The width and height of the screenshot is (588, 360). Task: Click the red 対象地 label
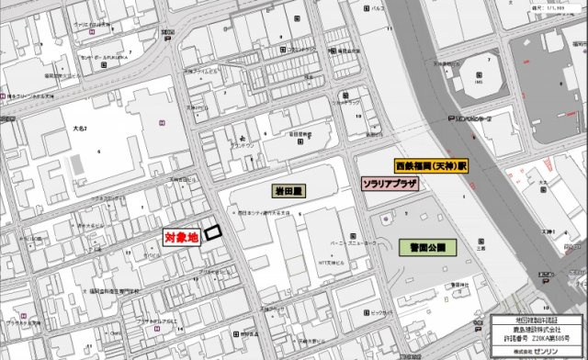(x=181, y=237)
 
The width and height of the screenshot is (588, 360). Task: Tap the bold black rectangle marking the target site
(x=213, y=232)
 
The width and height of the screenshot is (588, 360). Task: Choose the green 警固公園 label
(x=422, y=247)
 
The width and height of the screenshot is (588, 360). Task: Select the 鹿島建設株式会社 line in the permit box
(x=537, y=329)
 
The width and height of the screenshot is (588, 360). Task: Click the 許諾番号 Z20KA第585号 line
(x=537, y=339)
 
